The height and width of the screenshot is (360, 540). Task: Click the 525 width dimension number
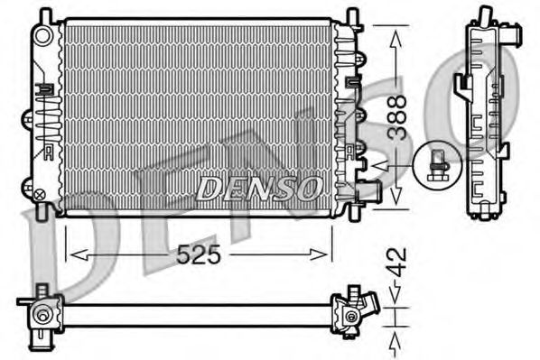pyautogui.click(x=199, y=255)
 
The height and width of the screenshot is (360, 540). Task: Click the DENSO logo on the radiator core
pyautogui.click(x=259, y=188)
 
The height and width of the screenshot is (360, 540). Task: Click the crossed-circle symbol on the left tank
pyautogui.click(x=39, y=193)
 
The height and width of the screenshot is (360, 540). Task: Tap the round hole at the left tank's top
pyautogui.click(x=42, y=34)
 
